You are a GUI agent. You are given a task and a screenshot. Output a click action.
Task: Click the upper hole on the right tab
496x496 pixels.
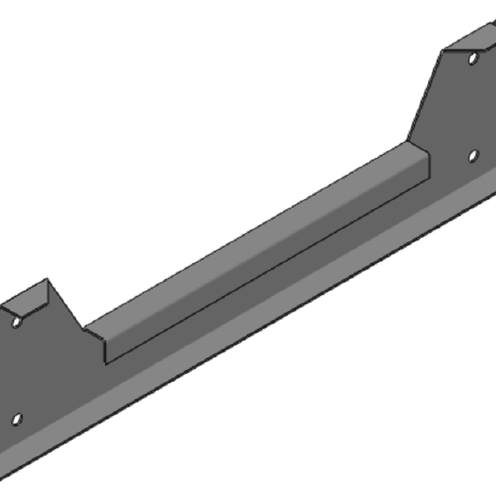coord(473,59)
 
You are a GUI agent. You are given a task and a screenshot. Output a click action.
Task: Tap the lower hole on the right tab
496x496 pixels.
coord(473,156)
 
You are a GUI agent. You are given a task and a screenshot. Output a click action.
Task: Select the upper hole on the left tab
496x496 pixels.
coord(17,322)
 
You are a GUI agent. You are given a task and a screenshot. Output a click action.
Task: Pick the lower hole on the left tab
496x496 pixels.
coord(17,419)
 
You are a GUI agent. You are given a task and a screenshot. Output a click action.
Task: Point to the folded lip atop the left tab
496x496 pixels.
coord(28,298)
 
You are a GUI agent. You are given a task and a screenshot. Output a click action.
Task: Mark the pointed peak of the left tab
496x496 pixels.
coord(47,279)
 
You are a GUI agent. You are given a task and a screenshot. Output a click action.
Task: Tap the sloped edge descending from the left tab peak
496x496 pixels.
coord(65,305)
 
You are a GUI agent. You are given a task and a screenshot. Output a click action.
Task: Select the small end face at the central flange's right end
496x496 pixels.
coord(421,159)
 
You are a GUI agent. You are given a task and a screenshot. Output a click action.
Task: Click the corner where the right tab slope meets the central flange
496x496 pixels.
coord(408,140)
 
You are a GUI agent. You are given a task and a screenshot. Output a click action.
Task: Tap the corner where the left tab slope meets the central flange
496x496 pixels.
coord(84,328)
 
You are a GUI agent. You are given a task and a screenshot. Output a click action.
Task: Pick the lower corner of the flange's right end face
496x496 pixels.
coord(428,177)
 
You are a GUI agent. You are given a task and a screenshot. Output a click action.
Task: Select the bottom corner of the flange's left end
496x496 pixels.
coord(106,363)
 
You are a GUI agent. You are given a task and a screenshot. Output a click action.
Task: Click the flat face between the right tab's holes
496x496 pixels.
coord(468,106)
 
